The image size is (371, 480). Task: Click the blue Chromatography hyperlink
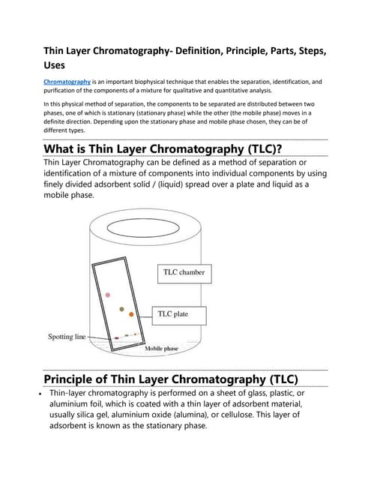(x=67, y=81)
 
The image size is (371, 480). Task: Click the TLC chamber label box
(x=184, y=272)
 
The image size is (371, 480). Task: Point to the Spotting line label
(x=71, y=337)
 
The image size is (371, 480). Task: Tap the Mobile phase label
(x=161, y=349)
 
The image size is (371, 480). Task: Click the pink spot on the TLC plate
(x=109, y=295)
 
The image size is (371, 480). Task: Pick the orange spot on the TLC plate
(x=131, y=314)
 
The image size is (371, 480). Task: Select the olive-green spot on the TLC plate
(x=121, y=308)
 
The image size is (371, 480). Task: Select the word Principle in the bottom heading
(x=80, y=377)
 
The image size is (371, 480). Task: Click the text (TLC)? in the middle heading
(x=256, y=148)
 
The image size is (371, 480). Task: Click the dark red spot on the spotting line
(x=117, y=338)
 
